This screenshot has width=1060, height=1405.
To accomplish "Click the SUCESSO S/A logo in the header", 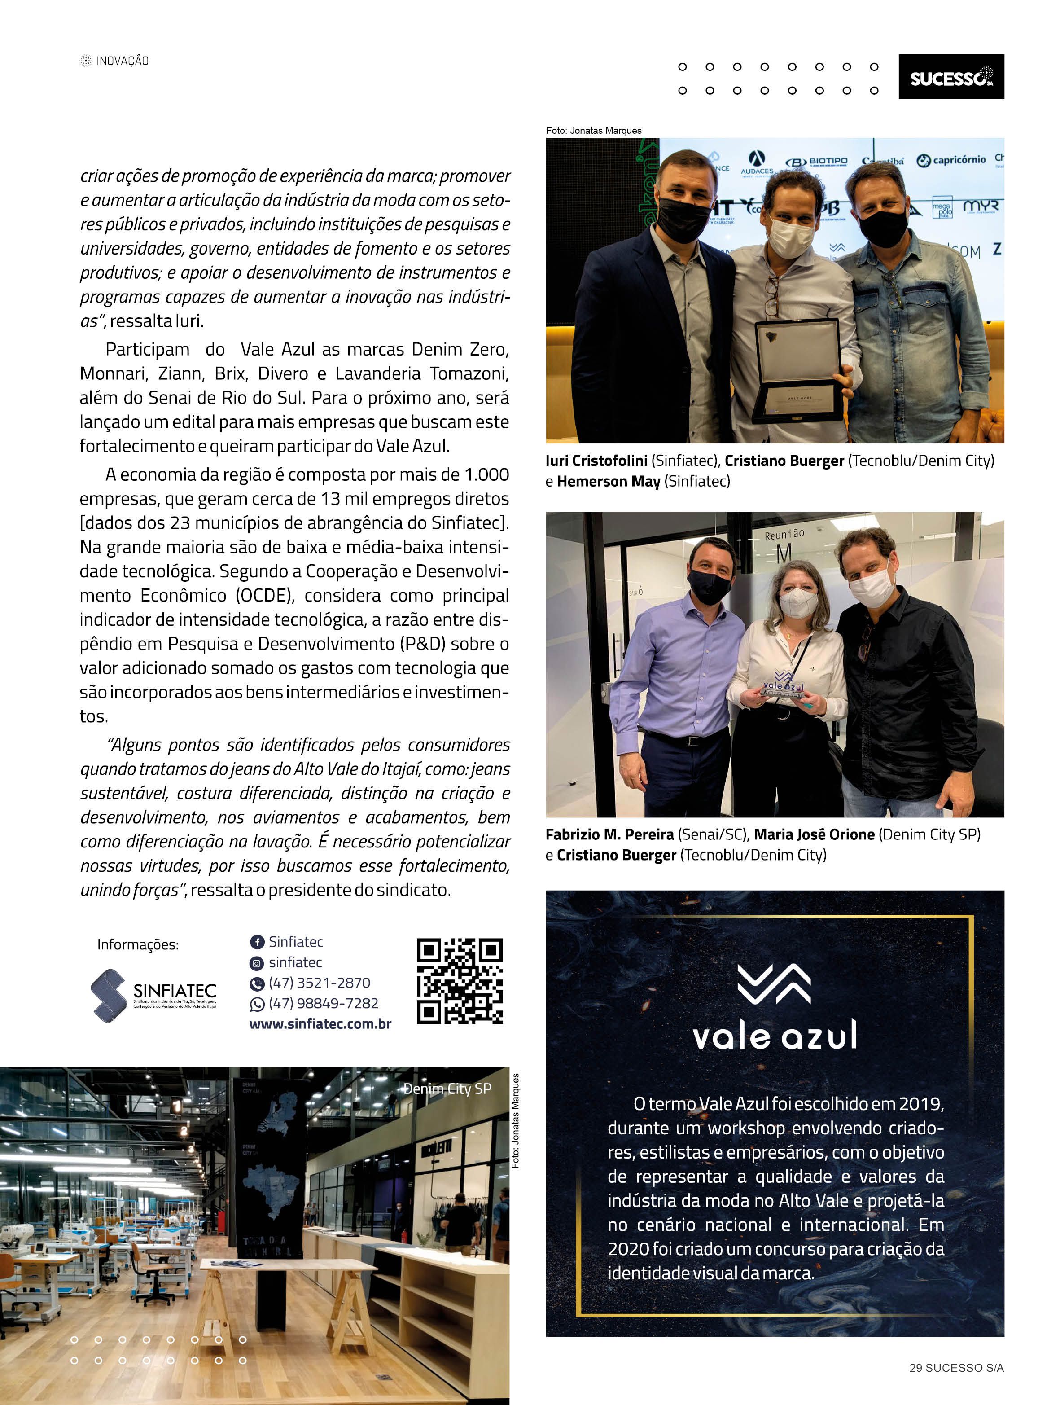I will click(951, 77).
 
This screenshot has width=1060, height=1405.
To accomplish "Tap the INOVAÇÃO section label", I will click(122, 61).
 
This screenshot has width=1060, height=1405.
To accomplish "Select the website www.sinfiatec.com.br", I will click(320, 1024).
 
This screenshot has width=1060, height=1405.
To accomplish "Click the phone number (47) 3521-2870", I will click(319, 983).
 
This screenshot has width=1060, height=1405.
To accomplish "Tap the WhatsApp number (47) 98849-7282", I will click(323, 1004).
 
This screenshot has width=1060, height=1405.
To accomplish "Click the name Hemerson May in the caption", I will click(609, 482).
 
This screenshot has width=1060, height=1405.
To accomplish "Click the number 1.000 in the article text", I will click(486, 474).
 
